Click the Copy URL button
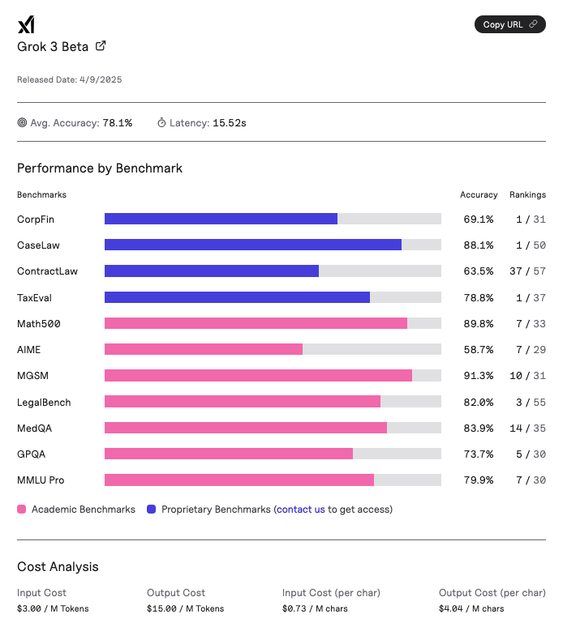(x=509, y=24)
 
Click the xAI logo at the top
(x=25, y=25)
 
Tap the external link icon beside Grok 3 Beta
(x=101, y=46)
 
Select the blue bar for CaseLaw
(x=253, y=245)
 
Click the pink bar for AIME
(x=204, y=349)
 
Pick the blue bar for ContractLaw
(x=212, y=271)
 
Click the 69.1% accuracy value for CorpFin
(x=478, y=219)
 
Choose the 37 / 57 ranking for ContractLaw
(x=527, y=271)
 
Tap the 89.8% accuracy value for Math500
(x=478, y=323)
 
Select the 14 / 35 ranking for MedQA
(x=527, y=428)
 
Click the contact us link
(x=301, y=509)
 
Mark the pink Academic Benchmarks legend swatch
(x=22, y=509)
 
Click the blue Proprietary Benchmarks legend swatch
(x=152, y=509)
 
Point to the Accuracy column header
(x=479, y=194)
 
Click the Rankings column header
(x=527, y=194)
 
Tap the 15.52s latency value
(x=230, y=123)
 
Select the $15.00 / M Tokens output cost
(x=185, y=608)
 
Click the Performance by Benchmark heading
(x=100, y=168)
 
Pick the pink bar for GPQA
(x=229, y=454)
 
